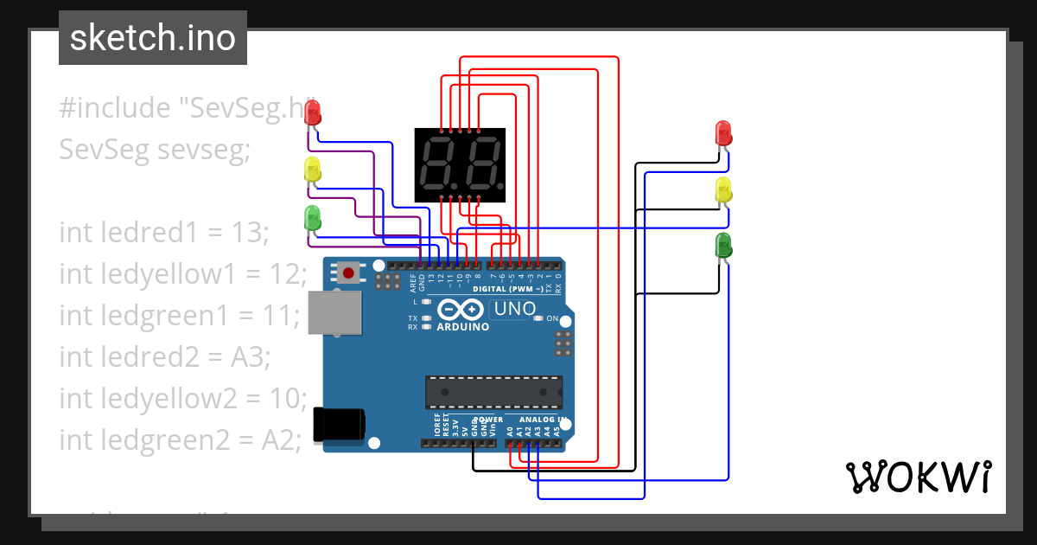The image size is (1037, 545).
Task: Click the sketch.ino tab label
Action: point(152,38)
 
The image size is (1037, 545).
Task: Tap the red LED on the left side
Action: point(313,112)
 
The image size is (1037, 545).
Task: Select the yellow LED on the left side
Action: point(313,170)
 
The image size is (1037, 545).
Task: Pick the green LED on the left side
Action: point(313,218)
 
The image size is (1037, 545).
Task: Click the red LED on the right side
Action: point(724,134)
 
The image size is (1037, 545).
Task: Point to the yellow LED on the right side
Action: point(724,190)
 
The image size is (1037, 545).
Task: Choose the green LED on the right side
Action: point(724,246)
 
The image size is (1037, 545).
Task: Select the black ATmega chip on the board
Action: point(493,391)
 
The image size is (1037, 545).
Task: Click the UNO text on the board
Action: point(515,309)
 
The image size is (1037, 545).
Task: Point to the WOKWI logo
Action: point(918,477)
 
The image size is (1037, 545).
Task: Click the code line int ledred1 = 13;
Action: point(164,232)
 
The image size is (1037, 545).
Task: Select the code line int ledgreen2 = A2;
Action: point(180,439)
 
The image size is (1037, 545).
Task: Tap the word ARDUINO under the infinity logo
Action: point(462,327)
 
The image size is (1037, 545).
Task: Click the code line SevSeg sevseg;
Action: point(154,150)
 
